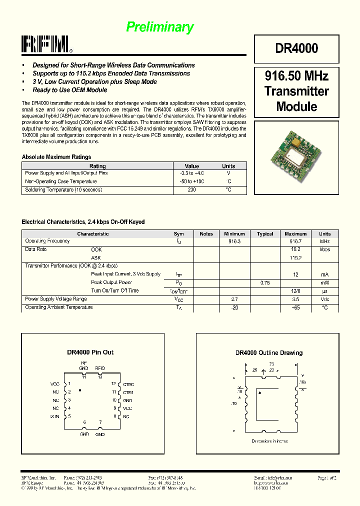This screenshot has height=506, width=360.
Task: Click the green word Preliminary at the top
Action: pos(159,27)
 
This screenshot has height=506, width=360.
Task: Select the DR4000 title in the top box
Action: pos(296,48)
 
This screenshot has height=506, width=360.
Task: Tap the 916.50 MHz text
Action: pos(296,76)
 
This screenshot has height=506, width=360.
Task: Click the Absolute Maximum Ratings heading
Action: pos(56,157)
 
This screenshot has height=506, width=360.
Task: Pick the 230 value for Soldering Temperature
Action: pos(191,190)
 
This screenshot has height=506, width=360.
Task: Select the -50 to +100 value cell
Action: pos(191,181)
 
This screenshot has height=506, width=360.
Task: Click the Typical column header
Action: pos(265,233)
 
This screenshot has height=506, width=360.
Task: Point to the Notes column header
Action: pos(206,233)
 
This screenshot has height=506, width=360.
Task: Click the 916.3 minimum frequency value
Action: pos(234,241)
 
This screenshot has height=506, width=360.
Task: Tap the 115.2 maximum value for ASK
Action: pos(295,258)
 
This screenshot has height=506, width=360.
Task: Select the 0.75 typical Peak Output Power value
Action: pos(265,282)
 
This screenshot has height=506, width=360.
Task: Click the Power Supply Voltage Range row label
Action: pos(56,299)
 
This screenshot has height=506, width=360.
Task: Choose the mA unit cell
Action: pos(324,274)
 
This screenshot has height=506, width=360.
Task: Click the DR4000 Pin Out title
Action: pos(90,352)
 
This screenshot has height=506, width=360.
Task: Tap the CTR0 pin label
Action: pos(128,384)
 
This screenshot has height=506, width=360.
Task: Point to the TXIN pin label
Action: pos(54,416)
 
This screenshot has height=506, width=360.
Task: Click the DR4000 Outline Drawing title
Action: pos(269,353)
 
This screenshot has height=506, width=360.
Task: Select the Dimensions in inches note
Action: pos(269,441)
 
